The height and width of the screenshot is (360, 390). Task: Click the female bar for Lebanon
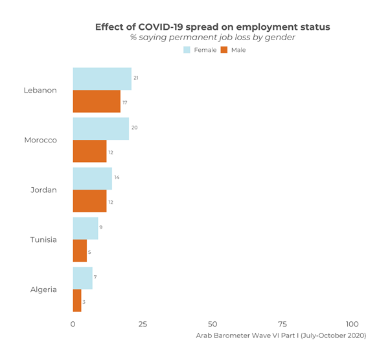click(x=102, y=79)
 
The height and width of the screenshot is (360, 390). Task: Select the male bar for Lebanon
click(x=97, y=102)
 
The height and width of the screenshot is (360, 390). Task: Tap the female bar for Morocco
click(x=100, y=129)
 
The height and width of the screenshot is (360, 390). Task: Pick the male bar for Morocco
click(x=89, y=152)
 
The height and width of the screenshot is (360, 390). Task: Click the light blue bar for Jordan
click(x=92, y=179)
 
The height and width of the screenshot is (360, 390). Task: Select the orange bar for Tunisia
click(x=80, y=251)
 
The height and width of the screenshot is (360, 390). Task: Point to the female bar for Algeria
click(x=82, y=278)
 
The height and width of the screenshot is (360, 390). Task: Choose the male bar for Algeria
click(x=76, y=301)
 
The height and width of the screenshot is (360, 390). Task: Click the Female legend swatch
click(x=187, y=50)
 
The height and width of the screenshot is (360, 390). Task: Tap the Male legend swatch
click(x=225, y=50)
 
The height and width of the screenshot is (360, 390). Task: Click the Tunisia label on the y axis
click(x=43, y=240)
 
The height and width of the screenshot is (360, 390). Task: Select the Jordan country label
click(x=44, y=190)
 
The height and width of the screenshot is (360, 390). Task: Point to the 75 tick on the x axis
click(x=282, y=324)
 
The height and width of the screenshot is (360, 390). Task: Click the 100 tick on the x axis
click(x=352, y=324)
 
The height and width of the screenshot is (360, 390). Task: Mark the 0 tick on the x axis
click(x=73, y=324)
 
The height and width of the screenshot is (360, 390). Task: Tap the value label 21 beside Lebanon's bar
click(x=136, y=78)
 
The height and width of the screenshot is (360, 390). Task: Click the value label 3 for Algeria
click(x=84, y=302)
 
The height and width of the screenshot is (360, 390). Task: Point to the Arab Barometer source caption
click(x=281, y=335)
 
